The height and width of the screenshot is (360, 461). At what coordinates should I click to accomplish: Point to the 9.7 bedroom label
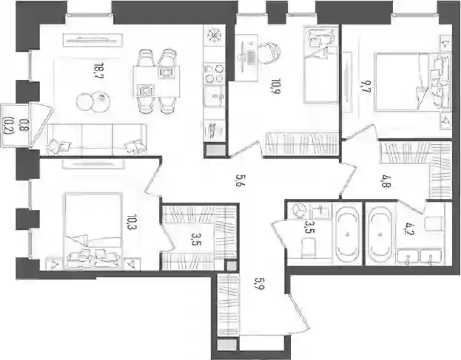click(366, 87)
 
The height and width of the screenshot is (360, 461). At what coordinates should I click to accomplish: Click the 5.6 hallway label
click(239, 181)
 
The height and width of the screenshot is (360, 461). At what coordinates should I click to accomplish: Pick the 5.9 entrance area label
click(260, 284)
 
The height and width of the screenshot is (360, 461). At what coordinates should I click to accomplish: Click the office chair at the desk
click(269, 53)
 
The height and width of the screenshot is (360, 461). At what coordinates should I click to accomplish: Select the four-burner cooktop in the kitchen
click(215, 73)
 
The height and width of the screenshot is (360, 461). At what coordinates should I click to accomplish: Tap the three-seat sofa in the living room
click(97, 139)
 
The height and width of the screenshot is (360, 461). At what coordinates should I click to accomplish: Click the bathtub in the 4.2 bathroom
click(381, 234)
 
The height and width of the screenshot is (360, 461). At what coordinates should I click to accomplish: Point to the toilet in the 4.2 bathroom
click(434, 224)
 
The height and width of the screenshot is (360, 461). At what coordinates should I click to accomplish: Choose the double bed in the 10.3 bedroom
click(93, 231)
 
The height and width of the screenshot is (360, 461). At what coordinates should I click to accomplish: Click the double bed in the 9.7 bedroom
click(411, 81)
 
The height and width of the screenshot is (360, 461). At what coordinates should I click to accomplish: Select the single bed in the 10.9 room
click(321, 65)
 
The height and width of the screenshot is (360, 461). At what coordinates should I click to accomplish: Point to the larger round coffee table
click(101, 101)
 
